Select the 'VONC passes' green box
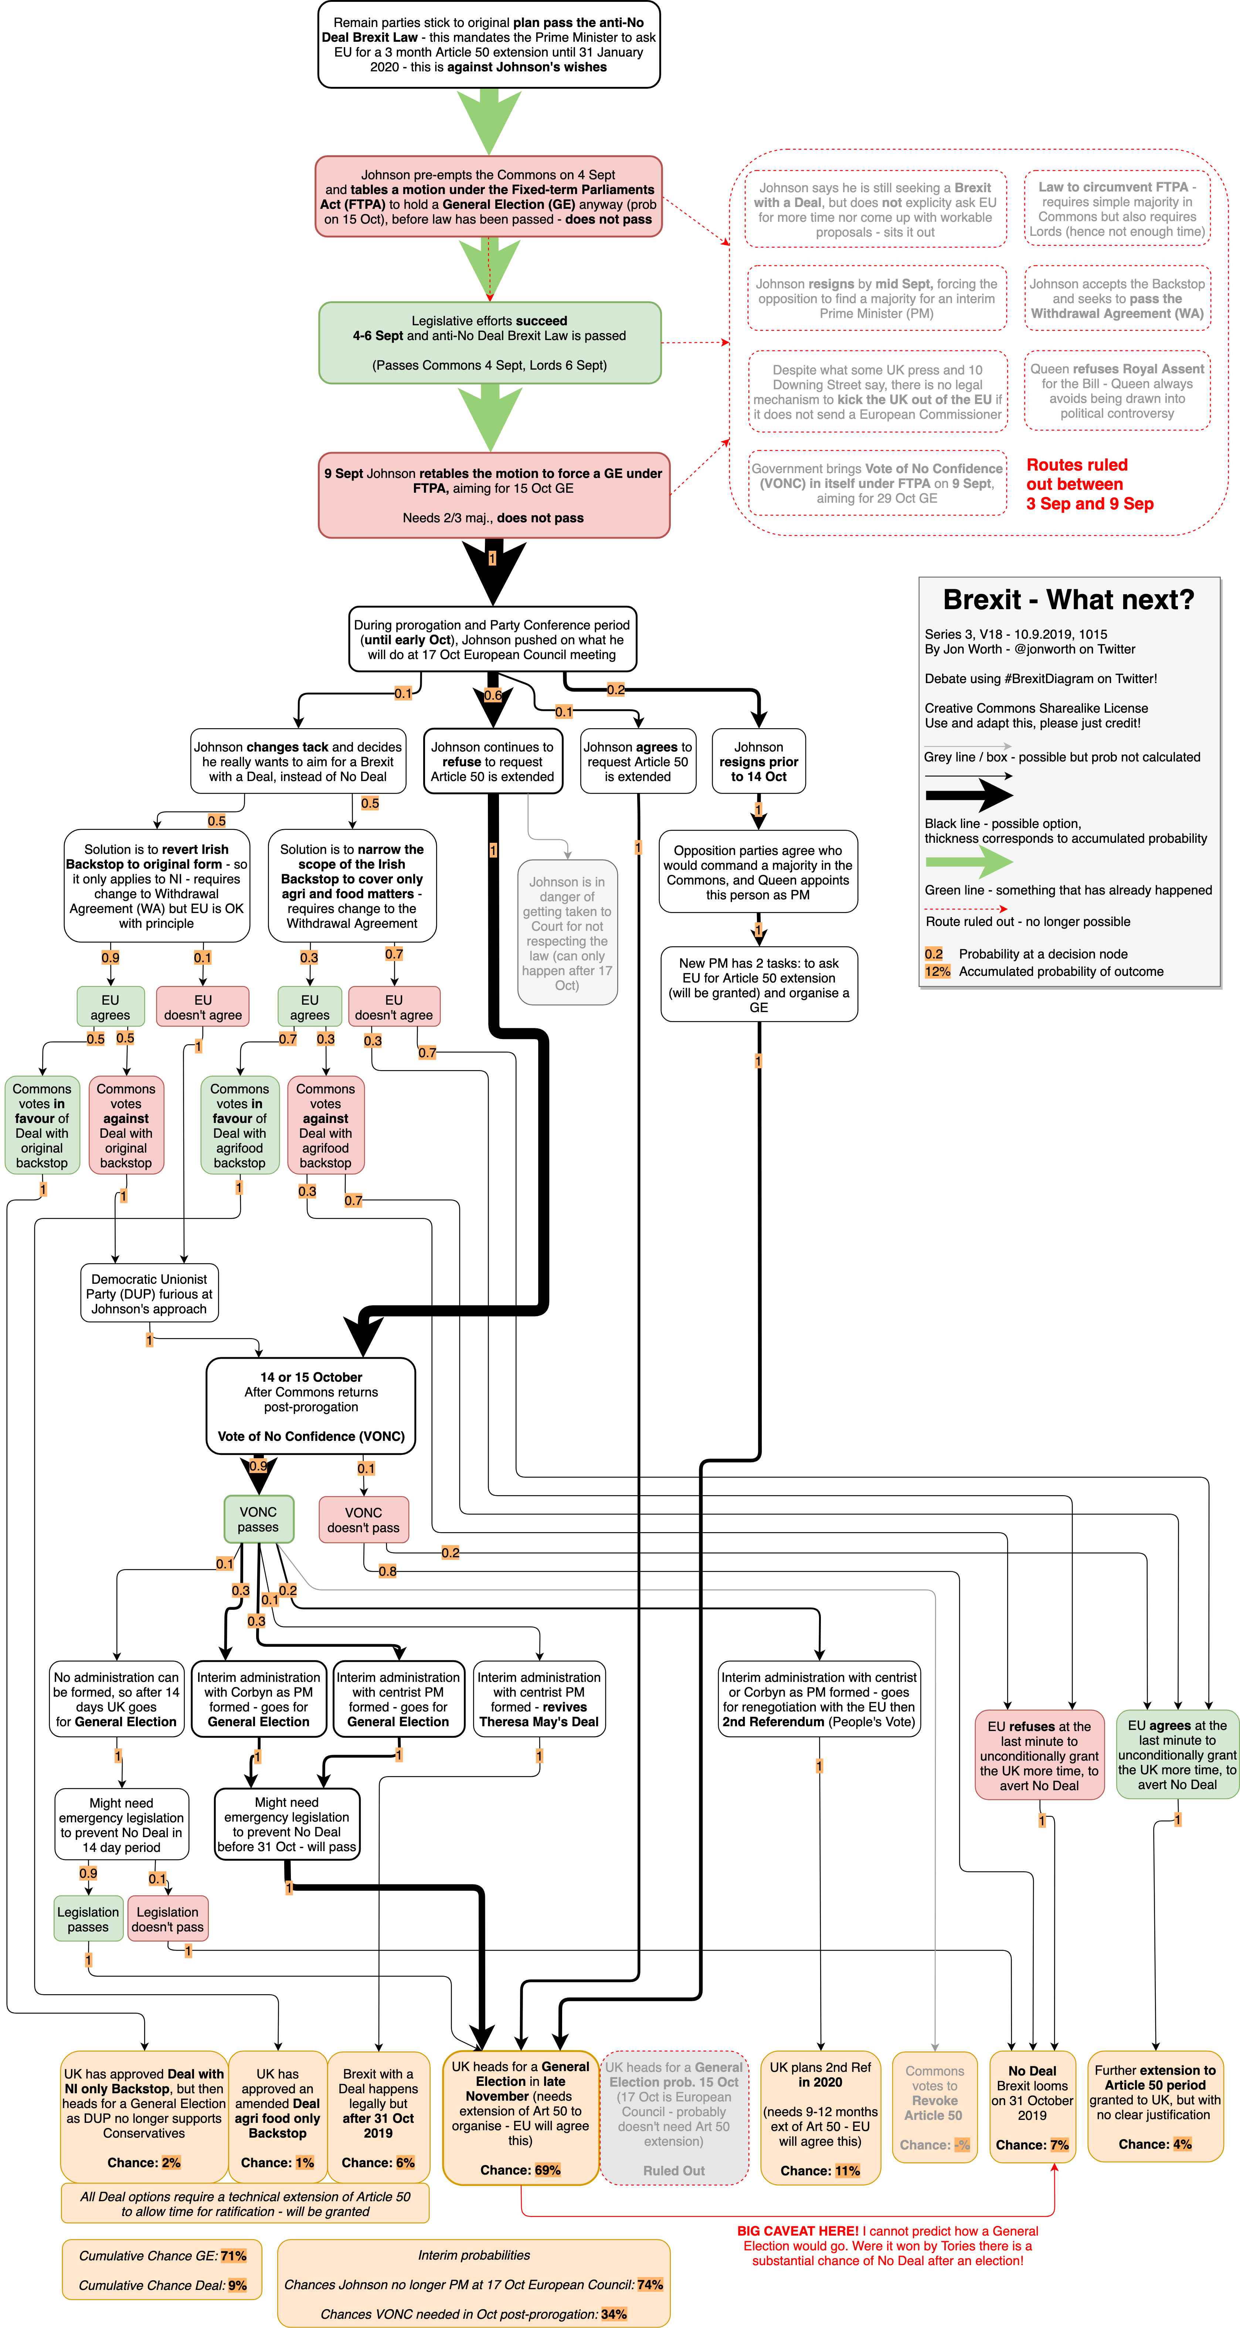(x=258, y=1519)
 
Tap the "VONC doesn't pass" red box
(x=363, y=1519)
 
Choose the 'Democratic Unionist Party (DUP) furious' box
(x=149, y=1293)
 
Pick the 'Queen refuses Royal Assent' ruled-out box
(x=1117, y=390)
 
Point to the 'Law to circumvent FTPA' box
(x=1117, y=209)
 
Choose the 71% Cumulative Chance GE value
(x=233, y=2256)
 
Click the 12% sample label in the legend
(x=937, y=971)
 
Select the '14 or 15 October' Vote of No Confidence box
(x=311, y=1406)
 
